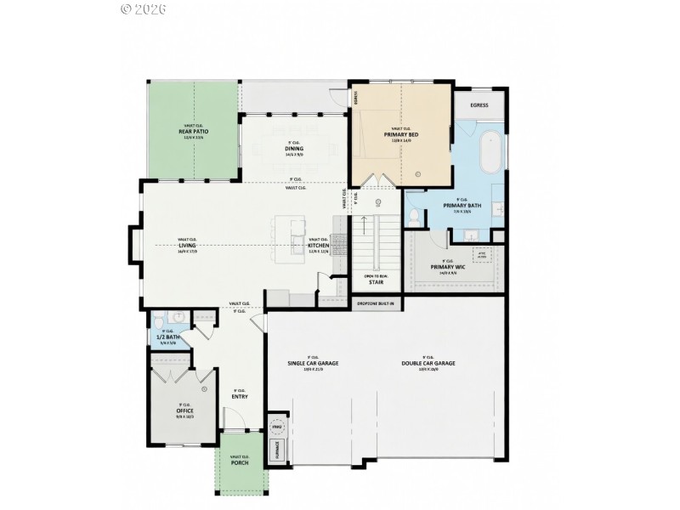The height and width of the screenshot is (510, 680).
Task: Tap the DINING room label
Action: [x=294, y=149]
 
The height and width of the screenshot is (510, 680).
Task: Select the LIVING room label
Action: [x=187, y=246]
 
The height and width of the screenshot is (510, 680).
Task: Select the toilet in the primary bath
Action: [x=413, y=217]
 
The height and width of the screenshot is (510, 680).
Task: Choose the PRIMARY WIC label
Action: [x=446, y=267]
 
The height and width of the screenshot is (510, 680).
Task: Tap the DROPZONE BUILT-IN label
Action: [x=377, y=303]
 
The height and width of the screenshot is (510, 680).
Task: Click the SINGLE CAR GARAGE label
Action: [x=313, y=363]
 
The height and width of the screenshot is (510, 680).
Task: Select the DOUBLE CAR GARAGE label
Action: [x=428, y=363]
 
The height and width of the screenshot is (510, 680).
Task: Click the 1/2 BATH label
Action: [x=168, y=337]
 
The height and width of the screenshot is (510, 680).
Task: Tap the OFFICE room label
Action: [x=184, y=411]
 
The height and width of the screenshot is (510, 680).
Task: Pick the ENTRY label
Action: [x=239, y=396]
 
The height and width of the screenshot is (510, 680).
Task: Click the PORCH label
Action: [x=240, y=462]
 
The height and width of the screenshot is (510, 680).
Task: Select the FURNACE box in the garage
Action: [x=276, y=450]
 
